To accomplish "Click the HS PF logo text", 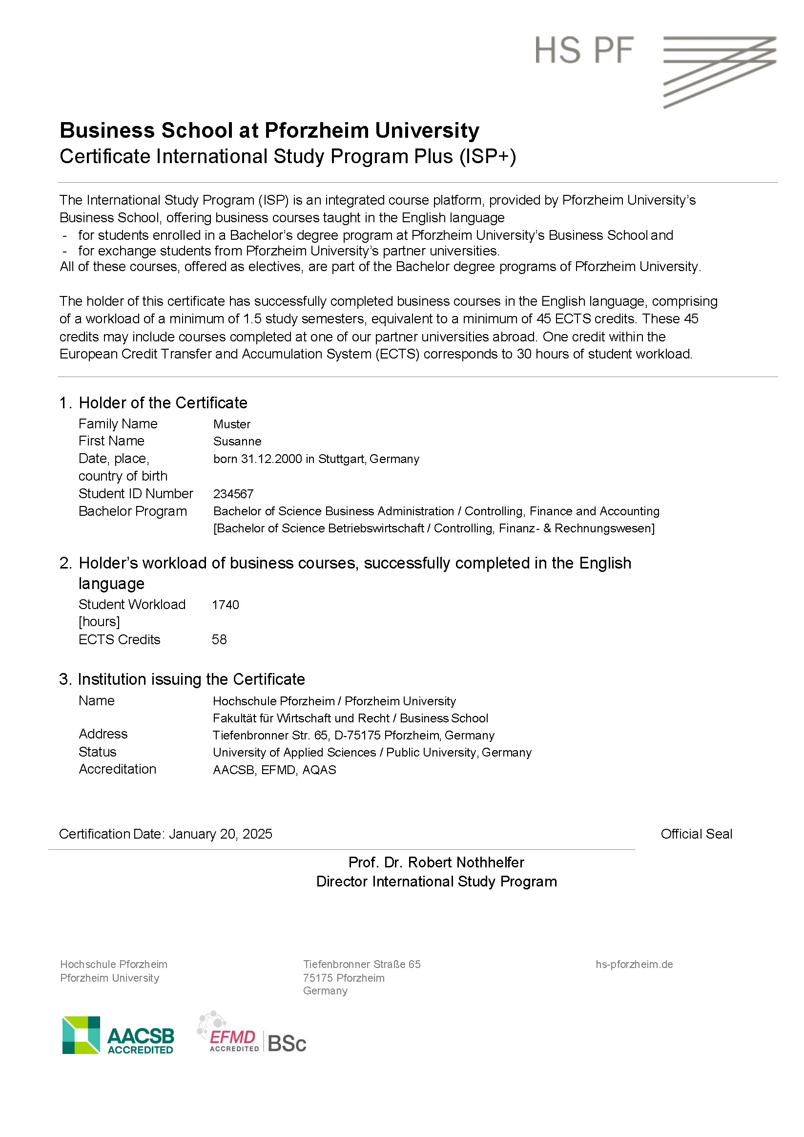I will coord(584,50).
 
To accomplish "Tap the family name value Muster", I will coord(232,424).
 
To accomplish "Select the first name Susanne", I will coord(237,441).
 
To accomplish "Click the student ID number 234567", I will coord(233,494).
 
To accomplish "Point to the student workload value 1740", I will coord(225,605).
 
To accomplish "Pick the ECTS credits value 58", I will coord(219,639).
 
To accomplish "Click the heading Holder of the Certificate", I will coord(163,402).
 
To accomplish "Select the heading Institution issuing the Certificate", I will coord(191,679).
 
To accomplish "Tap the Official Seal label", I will coord(696,834).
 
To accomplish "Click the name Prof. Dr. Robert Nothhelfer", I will coord(435,862).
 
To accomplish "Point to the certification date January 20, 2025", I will coord(220,834).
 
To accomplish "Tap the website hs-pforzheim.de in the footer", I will coord(634,964).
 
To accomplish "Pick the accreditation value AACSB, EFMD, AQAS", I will coord(274,770).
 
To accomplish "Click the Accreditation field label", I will coord(117,769).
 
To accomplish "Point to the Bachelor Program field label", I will coord(133,511).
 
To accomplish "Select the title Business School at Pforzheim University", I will coord(269,130).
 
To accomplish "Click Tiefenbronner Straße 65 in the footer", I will coord(361,964).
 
